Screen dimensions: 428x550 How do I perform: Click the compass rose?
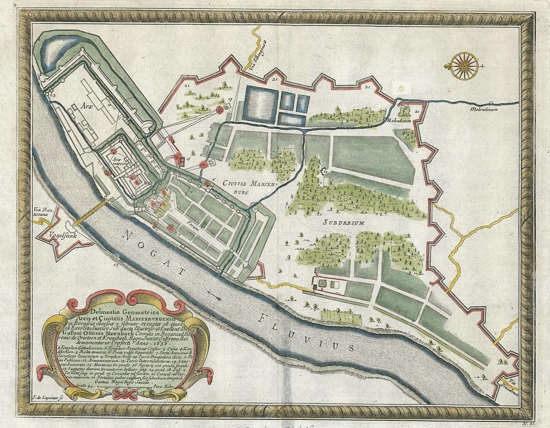coord(464,66)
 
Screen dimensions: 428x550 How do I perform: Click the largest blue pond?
coord(260,104)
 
